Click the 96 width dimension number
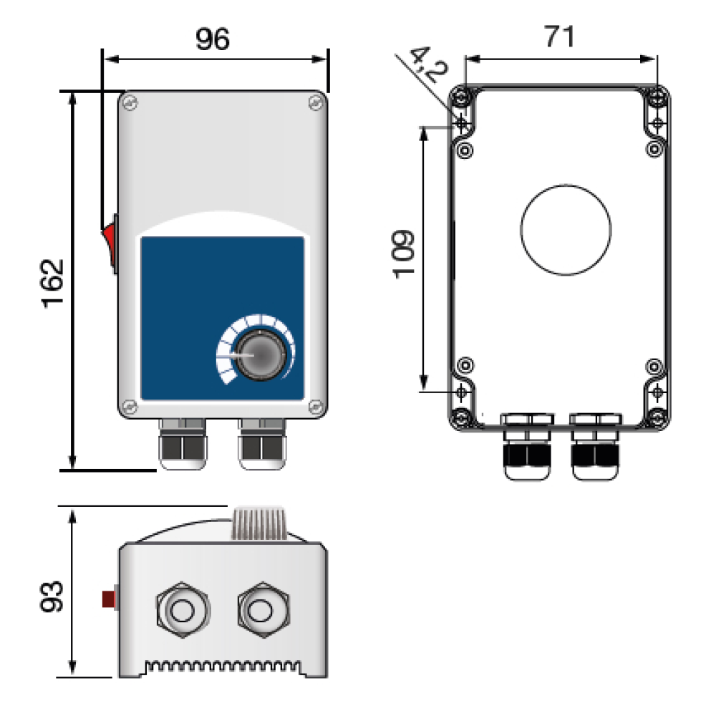[x=213, y=39]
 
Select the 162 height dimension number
[x=53, y=284]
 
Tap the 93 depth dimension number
[x=52, y=596]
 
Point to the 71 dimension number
[x=559, y=37]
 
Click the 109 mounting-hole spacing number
[x=404, y=254]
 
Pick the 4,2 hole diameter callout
[x=428, y=64]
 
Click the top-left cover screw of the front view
[x=130, y=102]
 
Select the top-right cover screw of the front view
[x=316, y=102]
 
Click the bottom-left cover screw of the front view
[x=130, y=406]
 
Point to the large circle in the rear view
[x=566, y=230]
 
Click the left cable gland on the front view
[x=183, y=445]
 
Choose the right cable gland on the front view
[x=262, y=445]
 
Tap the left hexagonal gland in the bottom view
[x=183, y=610]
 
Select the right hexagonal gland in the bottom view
[x=263, y=610]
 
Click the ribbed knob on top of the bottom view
[x=259, y=523]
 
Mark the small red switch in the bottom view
[x=109, y=599]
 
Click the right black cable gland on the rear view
[x=596, y=447]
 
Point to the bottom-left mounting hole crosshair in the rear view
[x=461, y=392]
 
